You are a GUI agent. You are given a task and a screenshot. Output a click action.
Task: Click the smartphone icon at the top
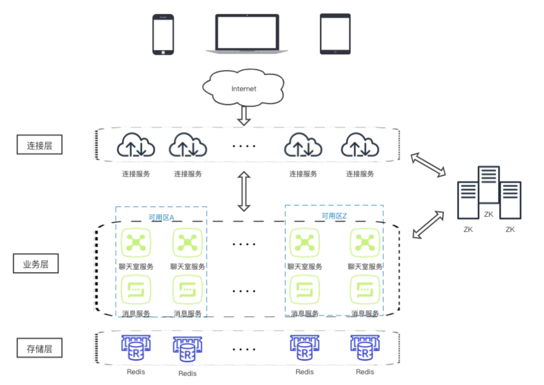tap(163, 34)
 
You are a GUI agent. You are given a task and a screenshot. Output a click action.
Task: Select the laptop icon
tap(247, 33)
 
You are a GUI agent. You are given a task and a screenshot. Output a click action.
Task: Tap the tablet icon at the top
tap(335, 34)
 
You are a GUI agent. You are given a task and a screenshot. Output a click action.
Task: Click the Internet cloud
tap(244, 88)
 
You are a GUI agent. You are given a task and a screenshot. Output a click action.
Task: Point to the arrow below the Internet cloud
tap(244, 115)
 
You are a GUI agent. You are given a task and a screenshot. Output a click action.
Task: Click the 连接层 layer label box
tap(39, 146)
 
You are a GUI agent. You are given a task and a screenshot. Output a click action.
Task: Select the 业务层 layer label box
tap(36, 264)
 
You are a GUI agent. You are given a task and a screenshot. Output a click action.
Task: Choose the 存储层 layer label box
tap(39, 348)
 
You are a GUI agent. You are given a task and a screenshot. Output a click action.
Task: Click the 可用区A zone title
tap(161, 218)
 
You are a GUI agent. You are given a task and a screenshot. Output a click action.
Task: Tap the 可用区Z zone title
tap(334, 216)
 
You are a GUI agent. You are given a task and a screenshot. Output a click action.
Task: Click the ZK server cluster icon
tap(489, 194)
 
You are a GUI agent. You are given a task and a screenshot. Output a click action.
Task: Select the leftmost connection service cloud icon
tap(136, 146)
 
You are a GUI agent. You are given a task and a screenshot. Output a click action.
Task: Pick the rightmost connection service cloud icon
tap(360, 146)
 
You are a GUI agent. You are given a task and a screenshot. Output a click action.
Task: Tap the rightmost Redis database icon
tap(365, 348)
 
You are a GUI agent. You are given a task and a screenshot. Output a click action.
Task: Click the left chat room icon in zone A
tap(136, 243)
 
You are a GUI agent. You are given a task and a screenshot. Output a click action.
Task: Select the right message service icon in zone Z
tap(365, 292)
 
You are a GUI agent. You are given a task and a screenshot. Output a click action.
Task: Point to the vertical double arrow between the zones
tap(244, 191)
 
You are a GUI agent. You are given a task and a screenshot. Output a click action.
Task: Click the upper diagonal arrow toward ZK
tap(428, 165)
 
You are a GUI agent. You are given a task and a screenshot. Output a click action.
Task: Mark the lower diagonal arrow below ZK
tap(428, 225)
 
